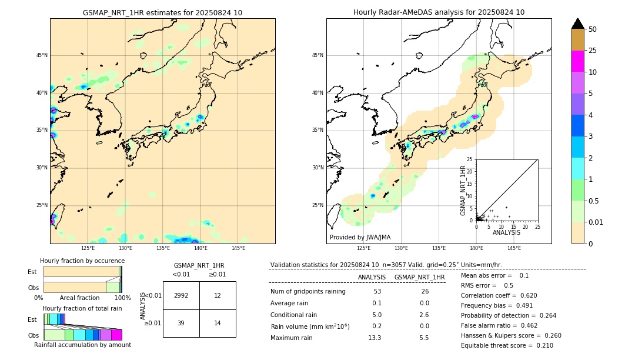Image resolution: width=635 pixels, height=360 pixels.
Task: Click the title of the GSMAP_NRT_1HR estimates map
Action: [x=162, y=12]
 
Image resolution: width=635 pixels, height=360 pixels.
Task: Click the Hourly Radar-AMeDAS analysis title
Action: [x=439, y=12]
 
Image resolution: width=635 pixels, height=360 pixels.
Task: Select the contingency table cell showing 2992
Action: [x=181, y=295]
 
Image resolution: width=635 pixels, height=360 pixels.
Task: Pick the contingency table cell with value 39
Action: [x=181, y=323]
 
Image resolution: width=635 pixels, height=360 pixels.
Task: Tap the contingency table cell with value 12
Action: [x=218, y=295]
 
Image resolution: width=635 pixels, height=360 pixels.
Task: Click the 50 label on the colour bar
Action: [x=593, y=29]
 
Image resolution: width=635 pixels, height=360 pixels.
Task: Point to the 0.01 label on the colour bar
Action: [x=596, y=222]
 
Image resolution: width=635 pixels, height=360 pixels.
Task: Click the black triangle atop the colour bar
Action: [x=578, y=24]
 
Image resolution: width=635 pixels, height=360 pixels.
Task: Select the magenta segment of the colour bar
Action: [x=578, y=61]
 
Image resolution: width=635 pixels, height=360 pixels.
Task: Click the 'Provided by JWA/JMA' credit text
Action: [x=360, y=237]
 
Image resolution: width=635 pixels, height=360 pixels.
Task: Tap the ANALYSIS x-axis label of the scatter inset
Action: [x=507, y=232]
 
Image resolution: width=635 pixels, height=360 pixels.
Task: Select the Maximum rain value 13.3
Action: [x=374, y=338]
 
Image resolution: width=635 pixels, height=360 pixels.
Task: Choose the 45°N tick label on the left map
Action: [x=41, y=55]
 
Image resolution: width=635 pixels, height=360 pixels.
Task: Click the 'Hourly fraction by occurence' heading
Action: [x=82, y=261]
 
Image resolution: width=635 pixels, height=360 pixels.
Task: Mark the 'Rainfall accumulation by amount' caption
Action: [x=83, y=345]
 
